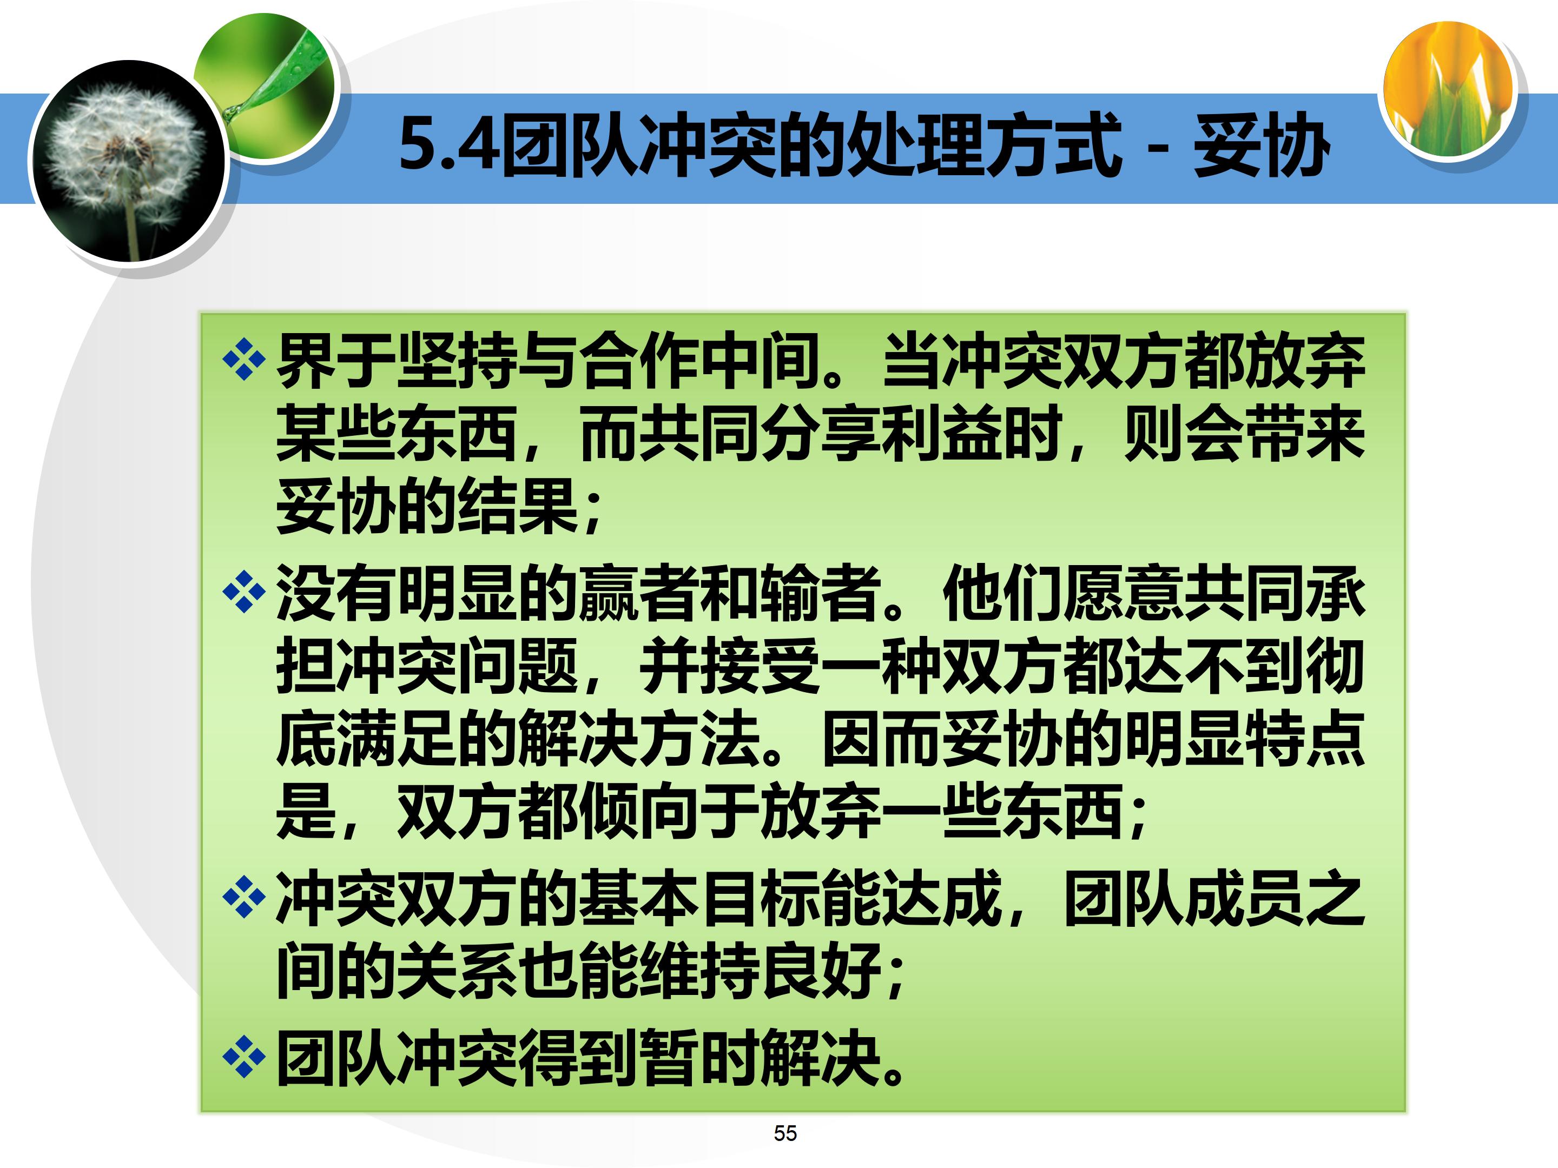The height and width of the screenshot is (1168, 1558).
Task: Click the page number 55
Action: pos(784,1133)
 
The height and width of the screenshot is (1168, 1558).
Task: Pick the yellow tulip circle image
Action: pos(1448,89)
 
